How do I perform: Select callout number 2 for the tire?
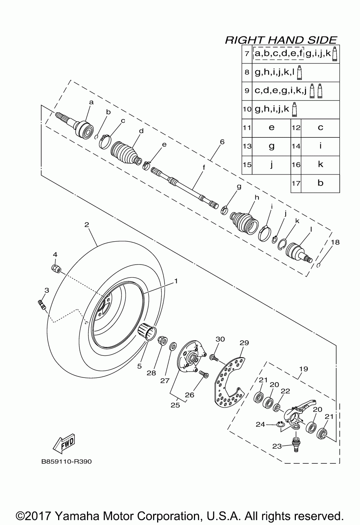[x=87, y=225]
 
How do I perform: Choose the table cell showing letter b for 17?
[x=320, y=183]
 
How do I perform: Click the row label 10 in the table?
[x=247, y=109]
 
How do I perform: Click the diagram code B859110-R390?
[x=67, y=461]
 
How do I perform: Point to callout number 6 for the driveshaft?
[x=222, y=142]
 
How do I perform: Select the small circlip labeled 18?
[x=318, y=265]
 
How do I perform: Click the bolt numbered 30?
[x=214, y=358]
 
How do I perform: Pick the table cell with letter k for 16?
[x=320, y=164]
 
